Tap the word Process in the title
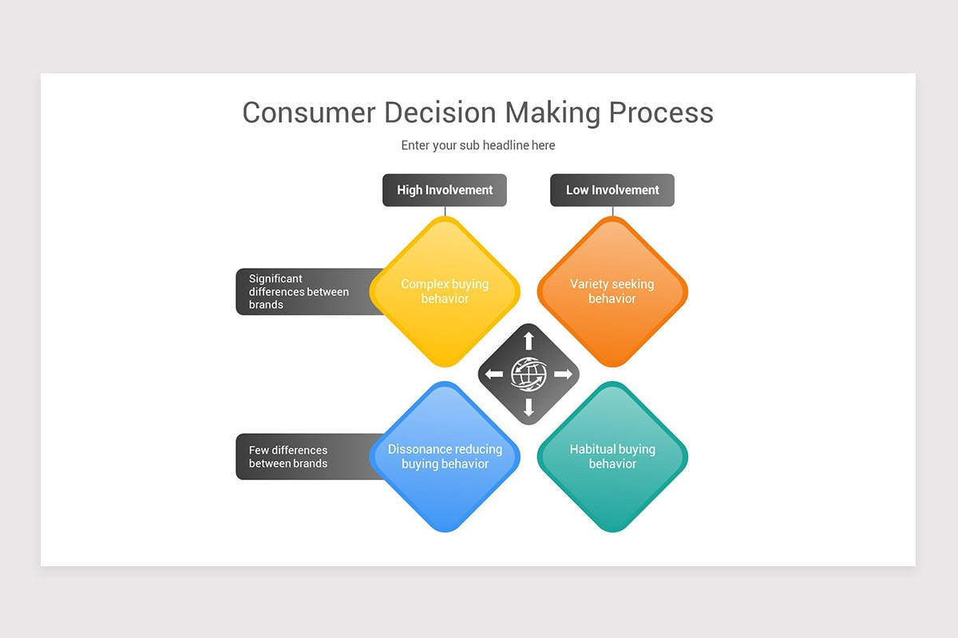661,112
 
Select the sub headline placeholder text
478,145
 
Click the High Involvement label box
445,190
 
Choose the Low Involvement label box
612,190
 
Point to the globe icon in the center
528,374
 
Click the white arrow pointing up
528,341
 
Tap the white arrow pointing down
528,408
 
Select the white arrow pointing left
494,374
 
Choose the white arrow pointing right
563,374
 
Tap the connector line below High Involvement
445,211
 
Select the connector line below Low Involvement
612,211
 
